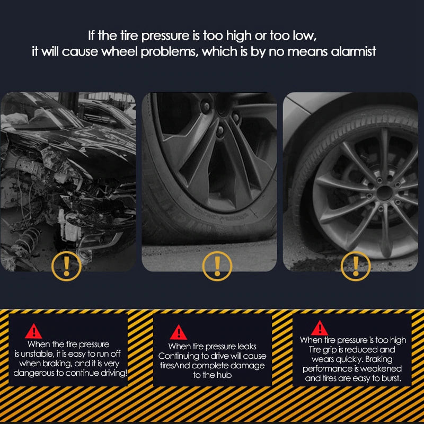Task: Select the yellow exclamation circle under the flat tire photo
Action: point(217,265)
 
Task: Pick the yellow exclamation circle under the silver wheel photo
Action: point(355,265)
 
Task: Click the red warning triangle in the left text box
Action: point(34,331)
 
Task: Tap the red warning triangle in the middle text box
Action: point(178,332)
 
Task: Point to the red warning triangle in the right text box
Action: point(320,328)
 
